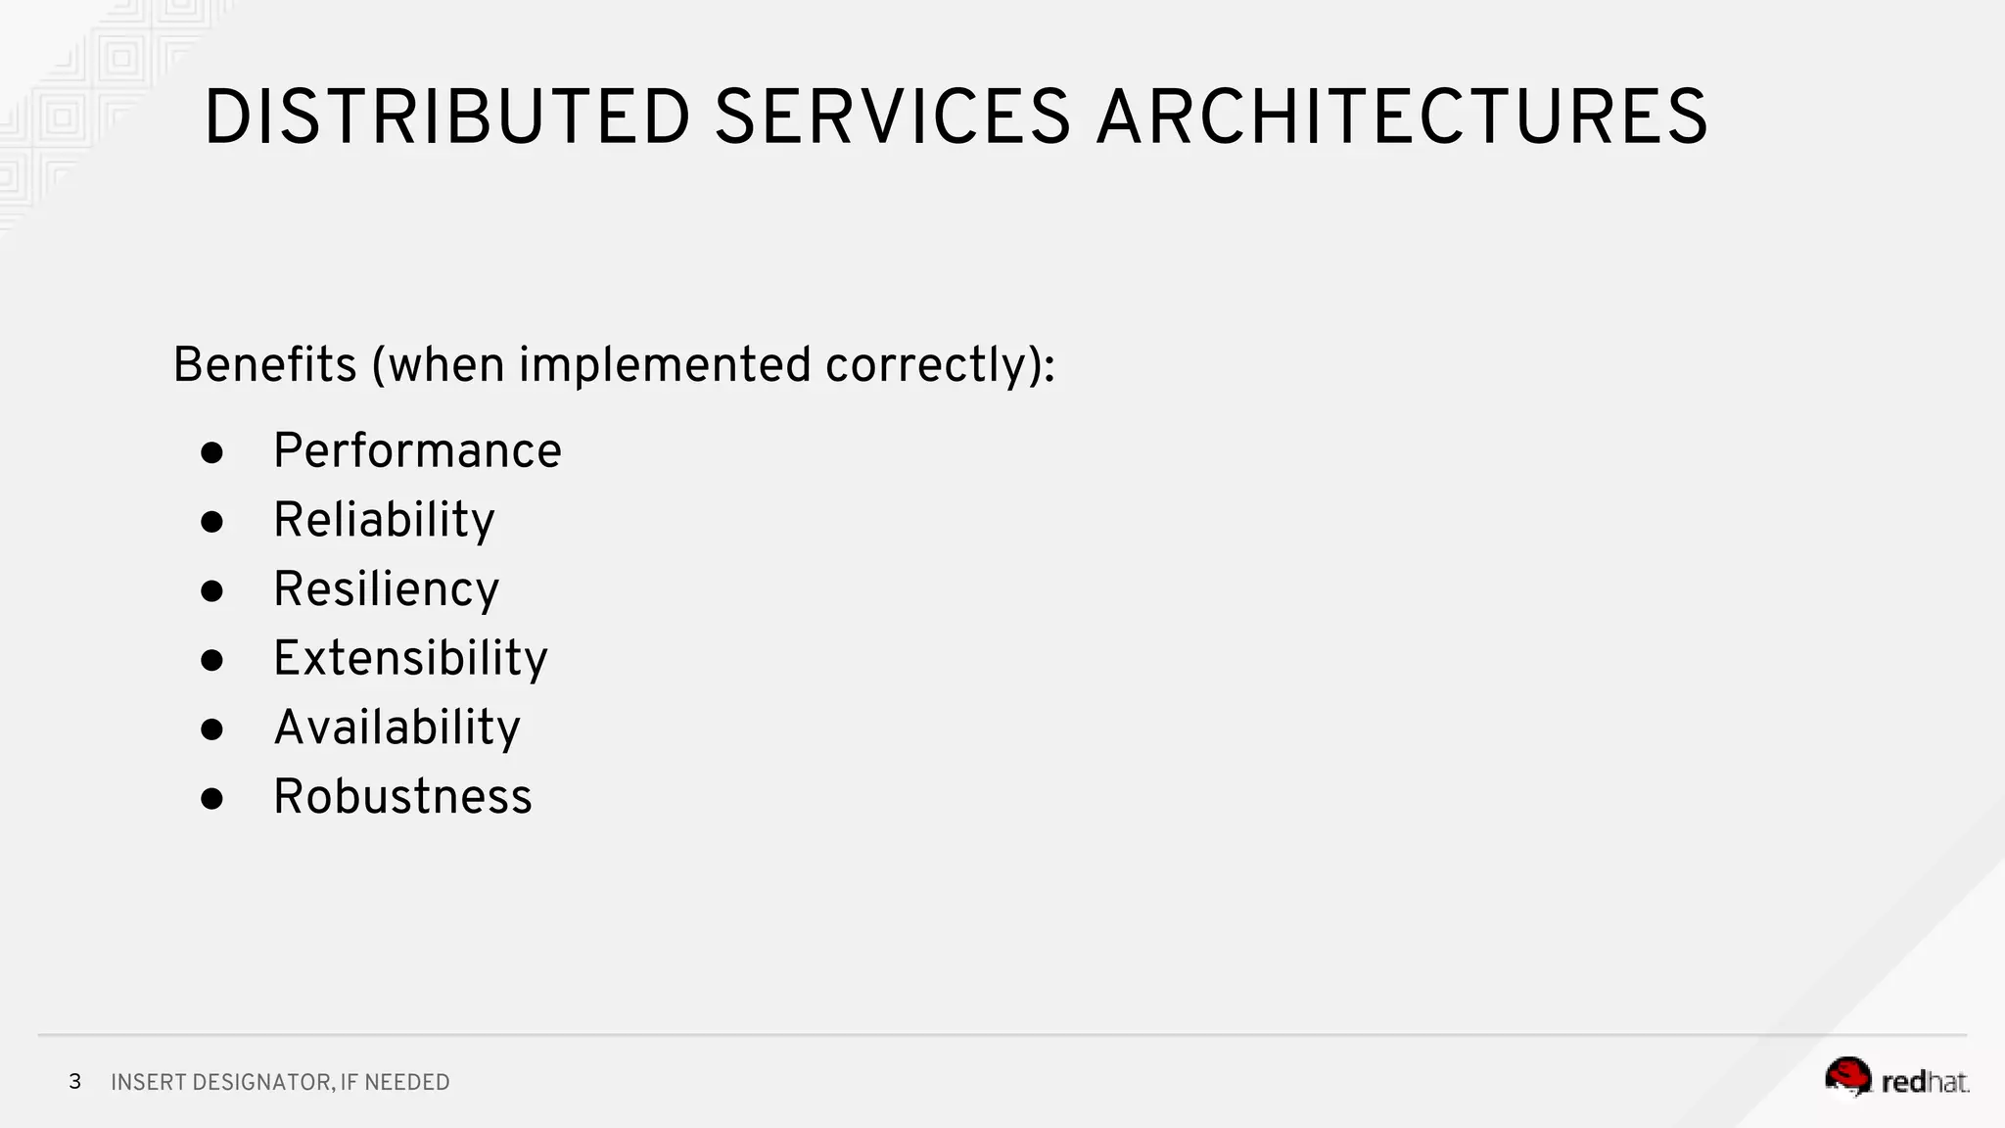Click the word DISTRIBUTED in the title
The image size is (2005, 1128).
(x=446, y=117)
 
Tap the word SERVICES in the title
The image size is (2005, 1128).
(x=892, y=117)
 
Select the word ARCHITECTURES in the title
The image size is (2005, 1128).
(x=1402, y=117)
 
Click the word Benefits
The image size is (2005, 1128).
(x=264, y=365)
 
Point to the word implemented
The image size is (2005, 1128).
(x=665, y=365)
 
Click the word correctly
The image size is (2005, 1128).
(x=931, y=365)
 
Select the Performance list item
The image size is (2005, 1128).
(x=417, y=451)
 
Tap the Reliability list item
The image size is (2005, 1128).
(x=384, y=520)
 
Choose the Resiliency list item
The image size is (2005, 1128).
(x=386, y=589)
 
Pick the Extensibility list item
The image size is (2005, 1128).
(x=410, y=658)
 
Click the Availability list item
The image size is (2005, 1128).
(x=396, y=728)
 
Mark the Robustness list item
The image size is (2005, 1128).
(x=402, y=796)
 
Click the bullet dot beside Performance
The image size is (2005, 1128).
(x=211, y=452)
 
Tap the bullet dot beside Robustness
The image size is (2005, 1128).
(x=211, y=798)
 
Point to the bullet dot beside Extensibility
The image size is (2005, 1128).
(x=211, y=660)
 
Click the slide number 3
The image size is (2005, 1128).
(x=74, y=1082)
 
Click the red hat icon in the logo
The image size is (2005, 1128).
(x=1847, y=1077)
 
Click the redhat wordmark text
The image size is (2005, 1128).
(x=1925, y=1082)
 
